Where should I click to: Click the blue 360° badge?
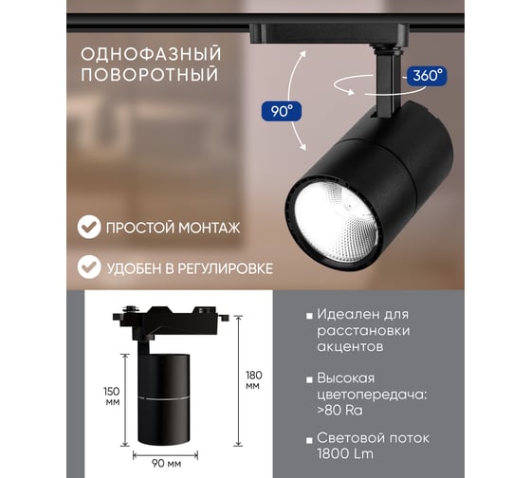point(427,76)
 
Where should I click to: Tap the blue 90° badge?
point(282,111)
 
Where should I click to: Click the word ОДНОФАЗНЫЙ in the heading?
point(151,55)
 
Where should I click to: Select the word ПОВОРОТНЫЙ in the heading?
point(150,75)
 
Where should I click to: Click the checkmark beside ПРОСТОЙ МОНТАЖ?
point(89,227)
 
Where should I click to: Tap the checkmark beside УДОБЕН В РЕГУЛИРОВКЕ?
point(89,267)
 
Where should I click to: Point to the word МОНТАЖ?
point(210,228)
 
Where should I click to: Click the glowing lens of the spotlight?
point(336,223)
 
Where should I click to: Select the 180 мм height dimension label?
point(254,380)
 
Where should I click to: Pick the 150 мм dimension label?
point(112,396)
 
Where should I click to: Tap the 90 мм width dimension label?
point(166,464)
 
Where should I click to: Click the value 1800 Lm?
point(345,454)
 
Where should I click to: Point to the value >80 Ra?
point(339,411)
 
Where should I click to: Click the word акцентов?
point(350,346)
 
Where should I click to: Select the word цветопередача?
point(371,395)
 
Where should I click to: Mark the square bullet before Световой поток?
point(309,440)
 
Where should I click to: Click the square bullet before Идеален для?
point(309,317)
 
